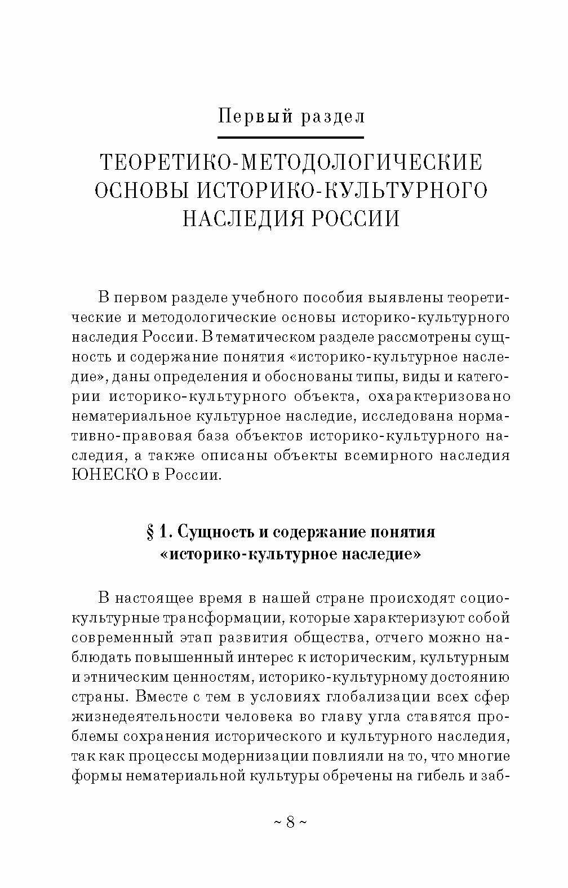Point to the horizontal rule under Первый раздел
tap(291, 137)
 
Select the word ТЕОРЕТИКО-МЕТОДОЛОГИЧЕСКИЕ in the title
tap(291, 163)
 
